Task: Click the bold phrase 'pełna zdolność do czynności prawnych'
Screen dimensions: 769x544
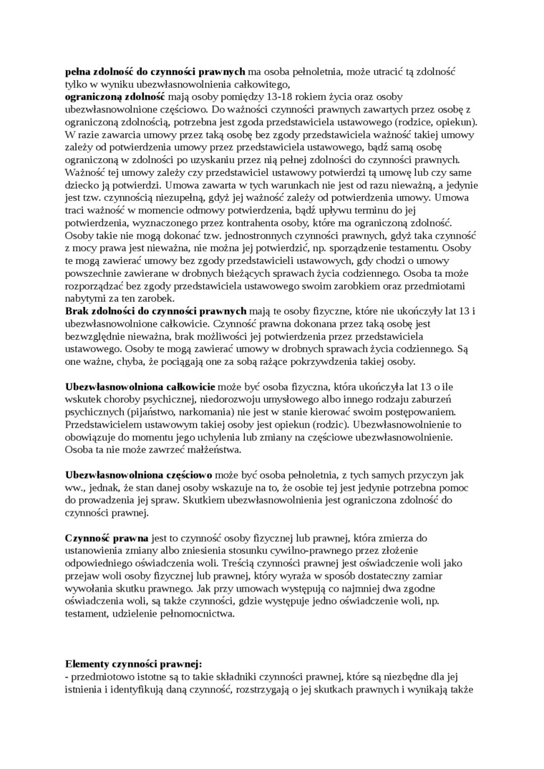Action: tap(155, 72)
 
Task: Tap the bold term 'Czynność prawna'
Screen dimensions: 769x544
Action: tap(107, 537)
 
